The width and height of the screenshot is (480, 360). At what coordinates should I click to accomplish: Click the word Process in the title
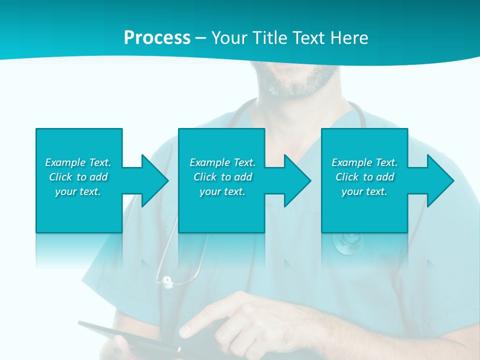157,38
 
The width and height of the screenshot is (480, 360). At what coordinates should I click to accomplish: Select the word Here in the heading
349,38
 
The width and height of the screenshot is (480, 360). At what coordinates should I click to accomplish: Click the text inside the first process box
78,177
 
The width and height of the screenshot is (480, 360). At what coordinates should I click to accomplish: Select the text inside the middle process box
222,177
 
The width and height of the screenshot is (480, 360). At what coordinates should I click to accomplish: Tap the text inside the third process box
364,177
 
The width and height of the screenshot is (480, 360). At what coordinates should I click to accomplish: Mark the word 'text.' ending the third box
376,191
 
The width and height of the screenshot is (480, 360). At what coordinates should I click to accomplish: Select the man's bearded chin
300,85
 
